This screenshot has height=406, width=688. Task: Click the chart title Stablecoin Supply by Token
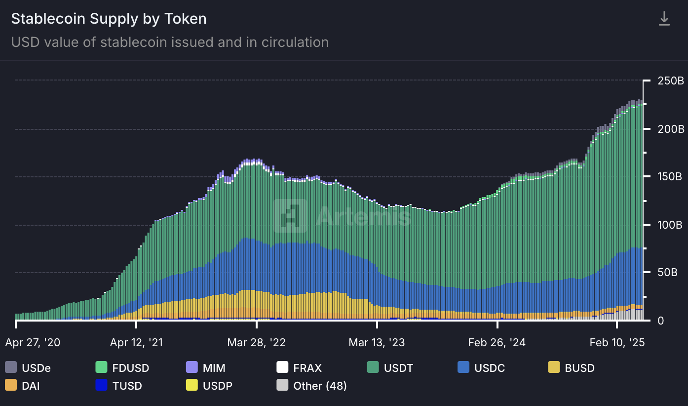[x=109, y=19]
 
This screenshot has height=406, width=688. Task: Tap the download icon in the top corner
[x=664, y=19]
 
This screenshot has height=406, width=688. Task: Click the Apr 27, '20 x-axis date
[x=33, y=343]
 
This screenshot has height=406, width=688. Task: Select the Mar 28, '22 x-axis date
[x=257, y=343]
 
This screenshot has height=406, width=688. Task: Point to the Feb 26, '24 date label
[x=497, y=343]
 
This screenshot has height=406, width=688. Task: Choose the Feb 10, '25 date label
[x=617, y=343]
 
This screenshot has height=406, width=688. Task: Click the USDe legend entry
[x=28, y=368]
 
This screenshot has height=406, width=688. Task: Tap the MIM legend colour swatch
[x=191, y=367]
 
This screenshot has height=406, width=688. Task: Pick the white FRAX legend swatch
[x=282, y=367]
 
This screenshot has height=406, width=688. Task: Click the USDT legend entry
[x=390, y=368]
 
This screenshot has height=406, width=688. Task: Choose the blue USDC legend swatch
[x=463, y=367]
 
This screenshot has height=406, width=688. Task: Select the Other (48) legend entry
[x=311, y=386]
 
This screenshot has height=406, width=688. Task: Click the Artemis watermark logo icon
[x=290, y=216]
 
